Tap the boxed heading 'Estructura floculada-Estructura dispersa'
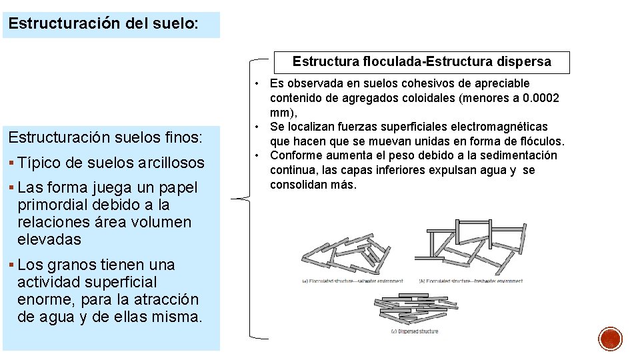(x=422, y=62)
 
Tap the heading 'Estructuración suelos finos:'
(x=105, y=139)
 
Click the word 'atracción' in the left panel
(x=165, y=299)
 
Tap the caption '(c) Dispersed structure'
(x=414, y=331)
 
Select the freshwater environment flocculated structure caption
(x=470, y=281)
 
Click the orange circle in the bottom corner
(x=611, y=339)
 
